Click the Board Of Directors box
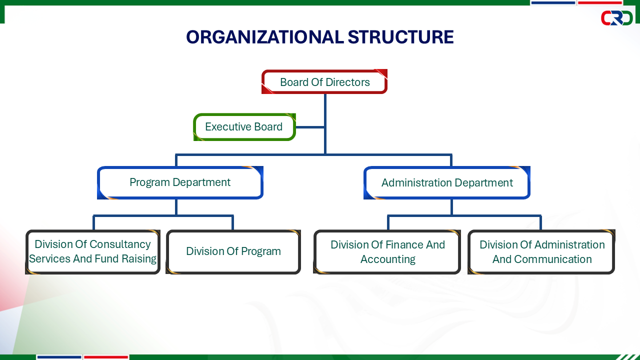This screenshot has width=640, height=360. coord(324,81)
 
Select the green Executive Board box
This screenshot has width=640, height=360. coord(244,127)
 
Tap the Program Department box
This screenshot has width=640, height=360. coord(180,182)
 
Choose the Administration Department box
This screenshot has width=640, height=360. coord(447,182)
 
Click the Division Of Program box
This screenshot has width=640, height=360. coord(233,251)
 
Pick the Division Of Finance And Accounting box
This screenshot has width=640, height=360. coord(387,251)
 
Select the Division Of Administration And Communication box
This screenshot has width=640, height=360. coord(541,251)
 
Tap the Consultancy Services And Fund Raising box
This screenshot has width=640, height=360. coord(93,251)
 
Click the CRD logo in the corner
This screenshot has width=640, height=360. coord(616,18)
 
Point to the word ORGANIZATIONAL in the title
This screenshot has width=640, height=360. coord(265,37)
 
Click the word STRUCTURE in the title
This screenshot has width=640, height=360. coord(400,37)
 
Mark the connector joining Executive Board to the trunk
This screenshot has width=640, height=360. coord(310,127)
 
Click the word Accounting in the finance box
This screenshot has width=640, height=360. coord(387,259)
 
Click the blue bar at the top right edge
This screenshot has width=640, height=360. coord(553,2)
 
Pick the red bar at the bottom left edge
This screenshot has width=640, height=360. coord(106,357)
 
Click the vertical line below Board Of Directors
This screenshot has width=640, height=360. coord(325,124)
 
